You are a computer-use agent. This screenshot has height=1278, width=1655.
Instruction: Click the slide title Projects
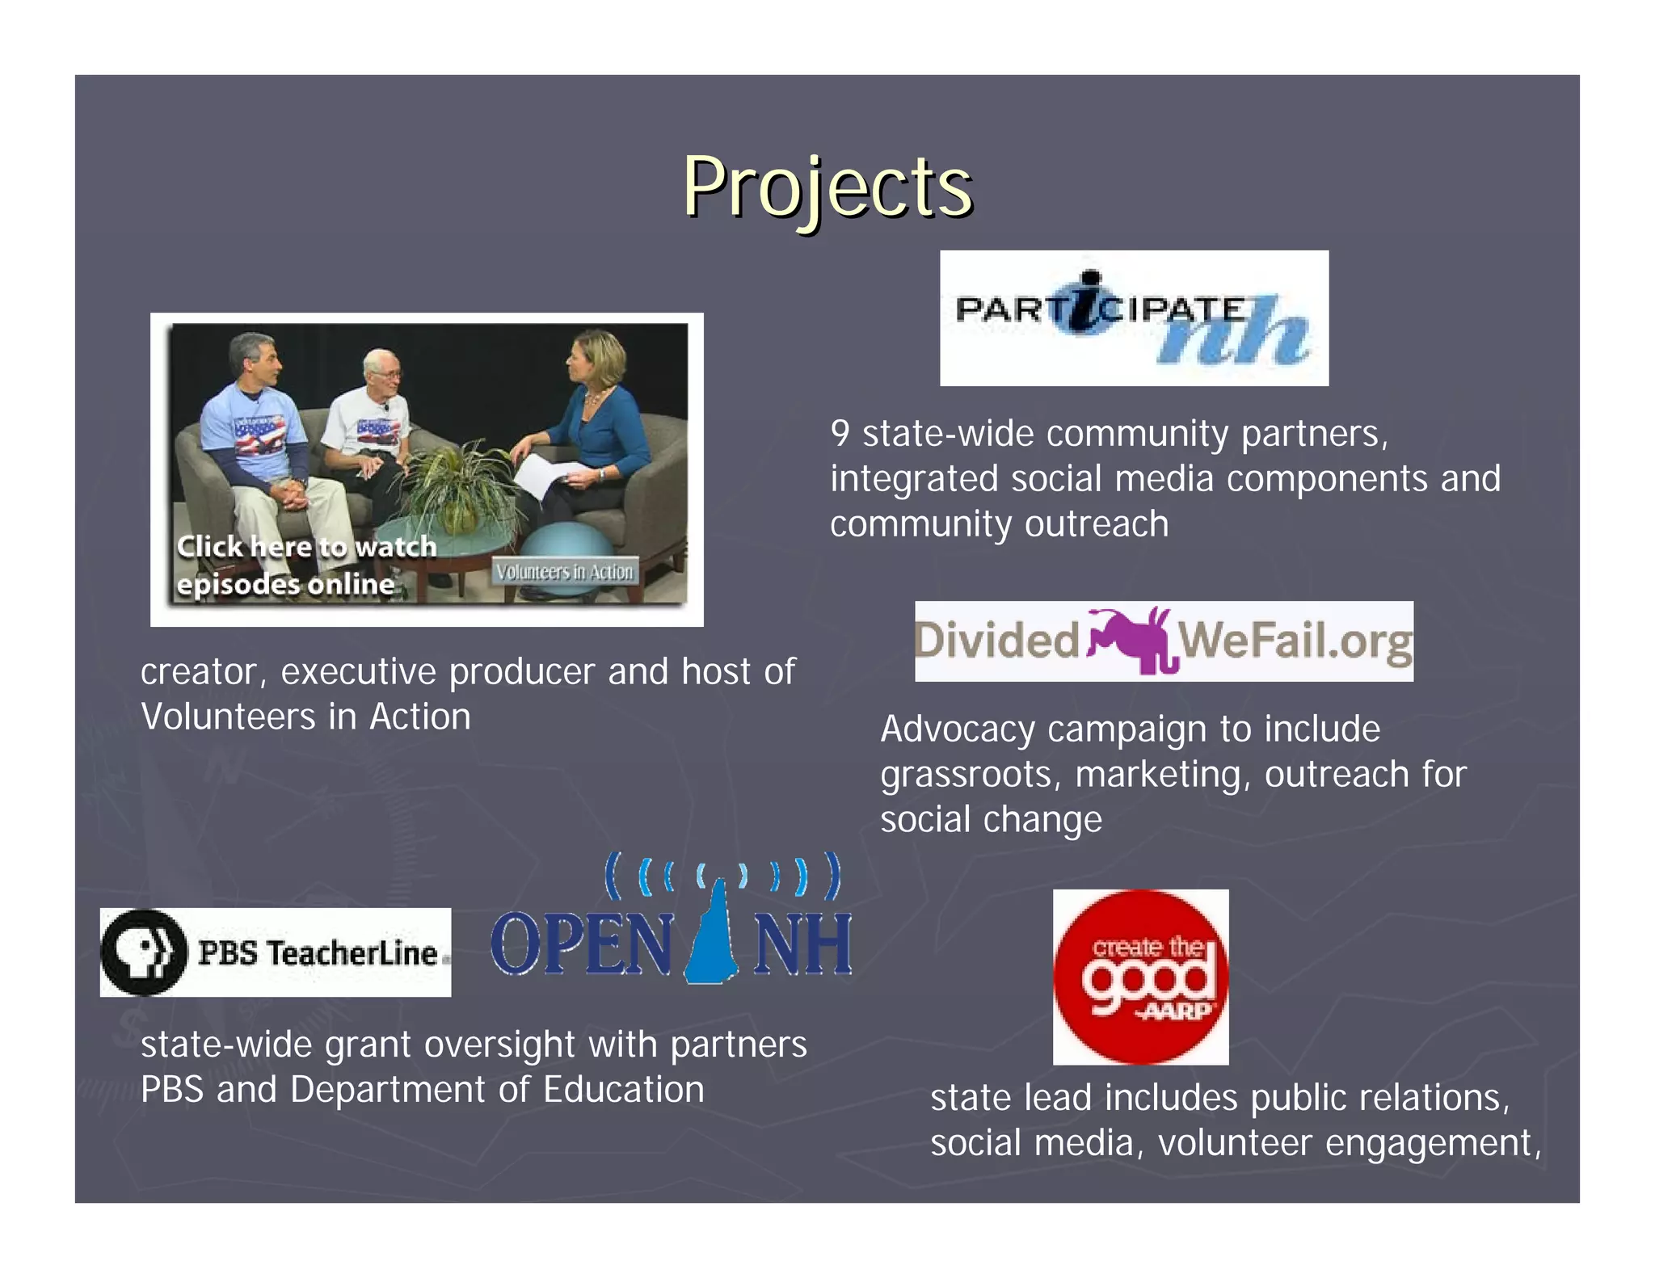827,187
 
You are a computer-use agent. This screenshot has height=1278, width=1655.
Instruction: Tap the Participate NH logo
1133,318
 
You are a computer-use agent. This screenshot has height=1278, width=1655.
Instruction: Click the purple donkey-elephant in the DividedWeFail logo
1130,640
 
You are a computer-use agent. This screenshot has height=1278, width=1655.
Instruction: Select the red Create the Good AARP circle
1140,977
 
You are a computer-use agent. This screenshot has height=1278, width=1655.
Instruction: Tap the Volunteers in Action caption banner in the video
564,572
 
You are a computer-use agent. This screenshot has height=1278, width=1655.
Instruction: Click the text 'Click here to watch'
306,547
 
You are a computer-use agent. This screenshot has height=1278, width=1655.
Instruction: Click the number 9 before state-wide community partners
840,435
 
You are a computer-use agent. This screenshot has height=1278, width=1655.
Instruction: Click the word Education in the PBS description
623,1090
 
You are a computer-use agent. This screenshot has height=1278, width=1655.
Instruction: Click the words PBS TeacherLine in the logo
317,953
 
